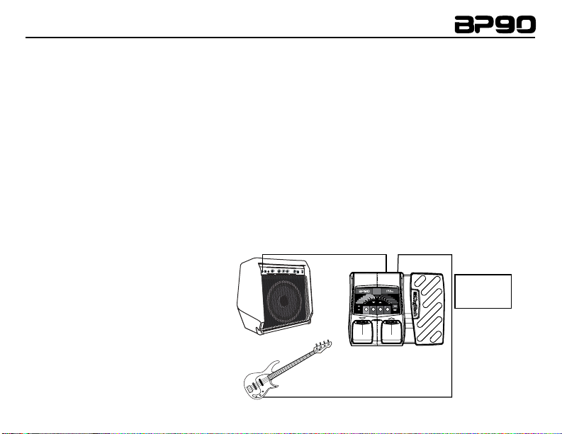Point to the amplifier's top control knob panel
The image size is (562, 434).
[284, 271]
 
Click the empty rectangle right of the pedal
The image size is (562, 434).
[483, 290]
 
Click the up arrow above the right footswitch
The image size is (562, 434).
[389, 319]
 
